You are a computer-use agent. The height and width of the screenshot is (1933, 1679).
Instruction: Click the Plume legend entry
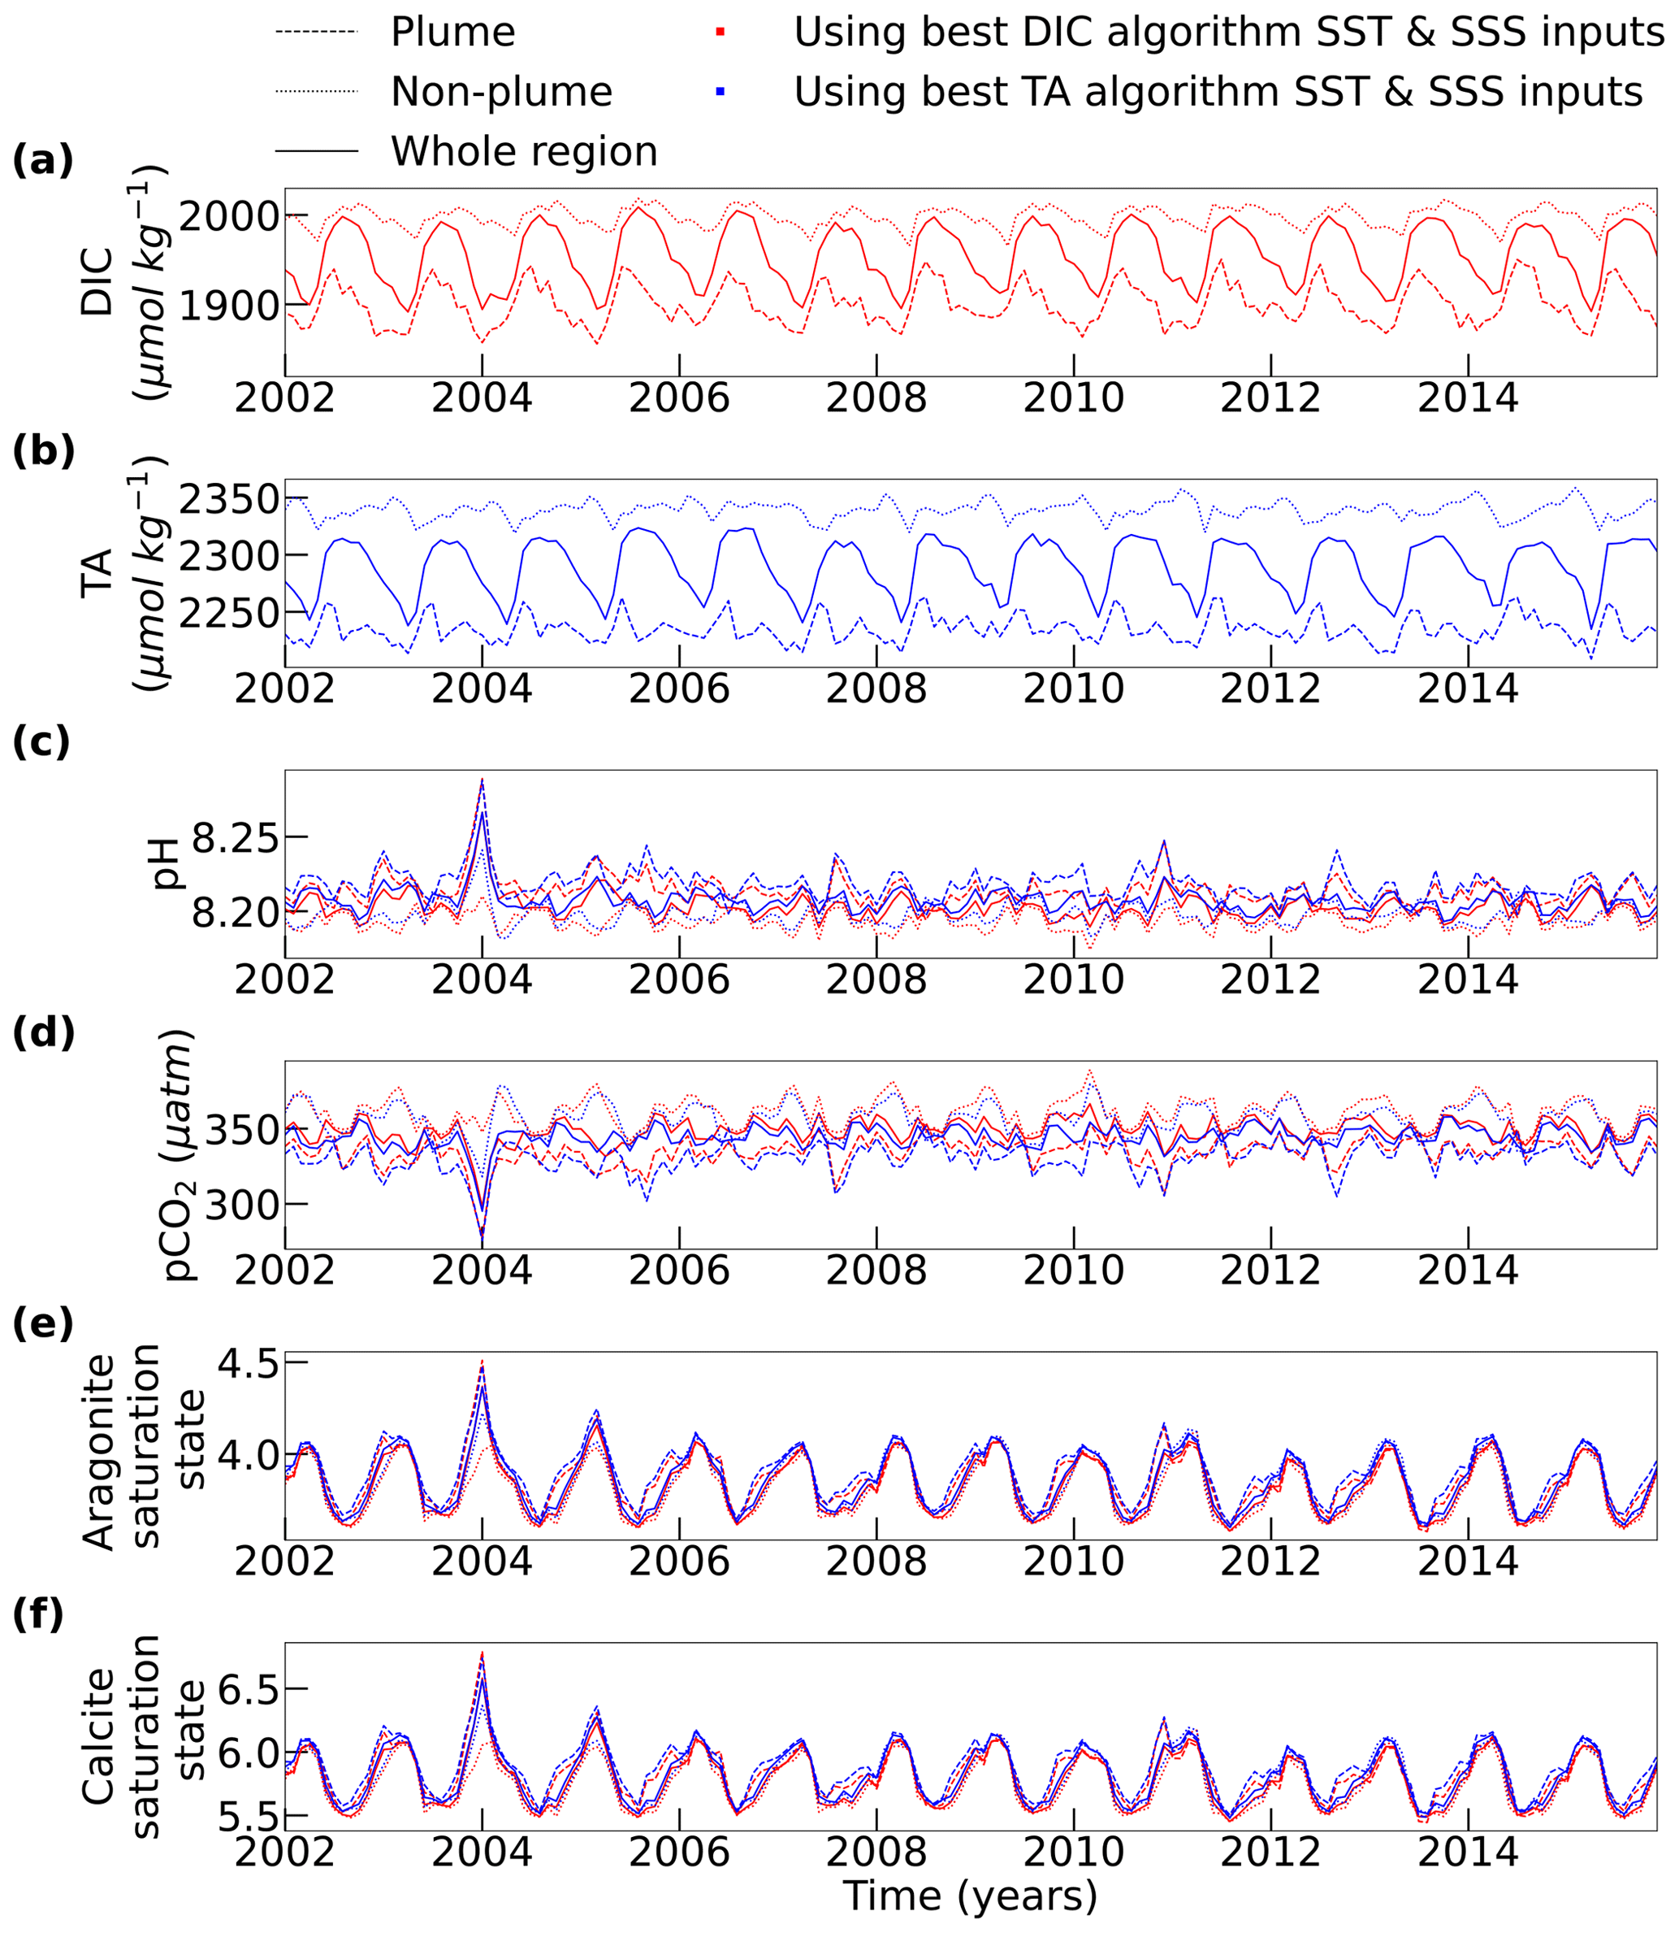tap(452, 33)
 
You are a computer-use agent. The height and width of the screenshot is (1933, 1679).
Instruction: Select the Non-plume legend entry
tap(501, 92)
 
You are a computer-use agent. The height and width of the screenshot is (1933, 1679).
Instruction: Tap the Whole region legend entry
tap(524, 151)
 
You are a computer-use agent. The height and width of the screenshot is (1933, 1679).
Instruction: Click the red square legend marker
tap(720, 33)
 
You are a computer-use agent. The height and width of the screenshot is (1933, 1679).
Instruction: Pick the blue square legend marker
tap(720, 92)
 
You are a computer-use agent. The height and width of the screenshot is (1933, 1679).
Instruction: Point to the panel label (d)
tap(43, 1033)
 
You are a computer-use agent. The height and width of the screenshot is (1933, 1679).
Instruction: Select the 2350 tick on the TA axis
tap(228, 500)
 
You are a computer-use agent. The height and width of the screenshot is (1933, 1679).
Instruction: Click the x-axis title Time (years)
tap(970, 1896)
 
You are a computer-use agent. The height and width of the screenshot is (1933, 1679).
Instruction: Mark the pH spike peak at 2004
tap(482, 779)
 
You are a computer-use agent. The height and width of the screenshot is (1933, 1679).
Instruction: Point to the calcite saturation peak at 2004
tap(482, 1653)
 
